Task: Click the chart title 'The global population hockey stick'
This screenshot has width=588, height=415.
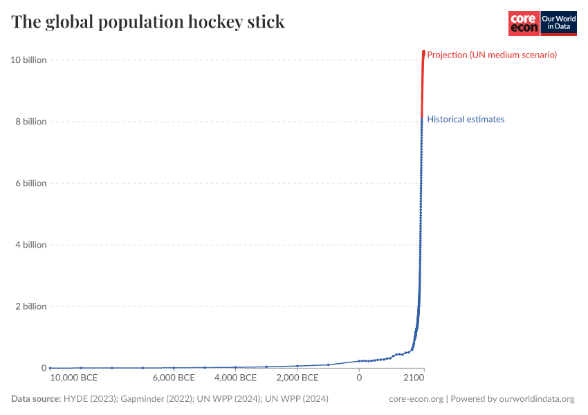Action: pos(148,22)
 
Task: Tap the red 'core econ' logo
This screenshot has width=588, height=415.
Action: pos(524,23)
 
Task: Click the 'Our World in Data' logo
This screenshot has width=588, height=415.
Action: pos(558,23)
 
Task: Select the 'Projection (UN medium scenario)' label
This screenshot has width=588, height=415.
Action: pos(492,55)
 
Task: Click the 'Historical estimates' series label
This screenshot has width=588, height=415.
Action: pos(466,119)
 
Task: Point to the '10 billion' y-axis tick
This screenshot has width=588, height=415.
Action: pos(28,60)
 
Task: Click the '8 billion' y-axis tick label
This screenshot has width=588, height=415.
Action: pos(30,122)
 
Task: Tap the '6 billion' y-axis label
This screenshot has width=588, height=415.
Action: pos(30,183)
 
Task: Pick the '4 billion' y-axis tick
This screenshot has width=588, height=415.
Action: pos(30,245)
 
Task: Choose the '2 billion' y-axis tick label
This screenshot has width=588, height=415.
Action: pos(30,306)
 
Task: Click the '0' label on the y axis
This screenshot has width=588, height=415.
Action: pos(43,368)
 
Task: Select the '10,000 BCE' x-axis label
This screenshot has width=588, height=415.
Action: pos(74,378)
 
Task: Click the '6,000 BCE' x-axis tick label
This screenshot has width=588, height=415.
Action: pos(174,378)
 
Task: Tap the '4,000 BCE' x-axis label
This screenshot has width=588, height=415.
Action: pos(235,378)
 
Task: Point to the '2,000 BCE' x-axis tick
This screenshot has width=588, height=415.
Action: pos(297,378)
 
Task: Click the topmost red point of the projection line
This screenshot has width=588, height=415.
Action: pos(423,52)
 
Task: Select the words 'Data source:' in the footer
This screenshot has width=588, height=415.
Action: pos(36,399)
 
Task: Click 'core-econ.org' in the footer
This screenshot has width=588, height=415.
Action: pos(416,399)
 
